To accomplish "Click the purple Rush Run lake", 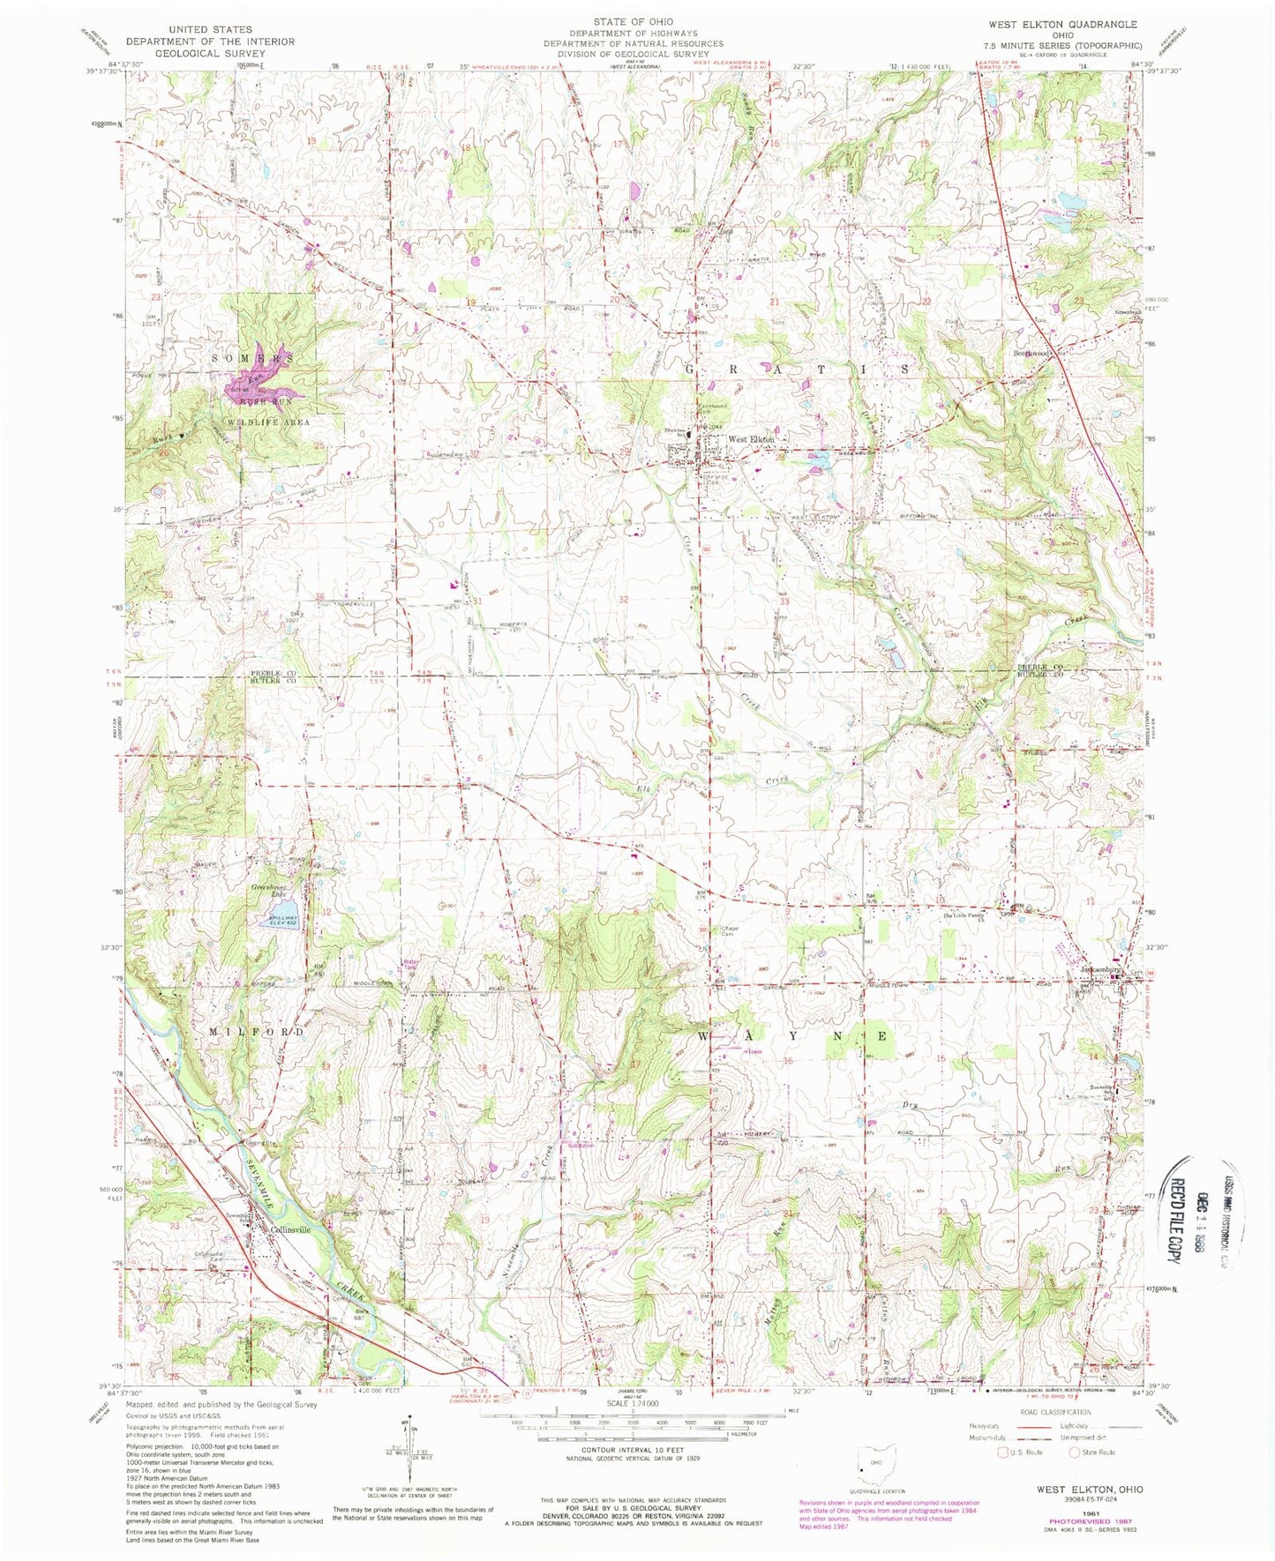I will tap(256, 385).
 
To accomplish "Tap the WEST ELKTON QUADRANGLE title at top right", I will tap(1078, 25).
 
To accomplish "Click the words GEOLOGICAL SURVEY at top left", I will tap(210, 53).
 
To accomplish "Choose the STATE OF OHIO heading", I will tap(633, 21).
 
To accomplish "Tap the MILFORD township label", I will tap(257, 1031).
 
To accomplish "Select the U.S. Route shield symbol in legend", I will tap(1002, 1476).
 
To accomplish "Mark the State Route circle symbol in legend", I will tap(1076, 1476).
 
